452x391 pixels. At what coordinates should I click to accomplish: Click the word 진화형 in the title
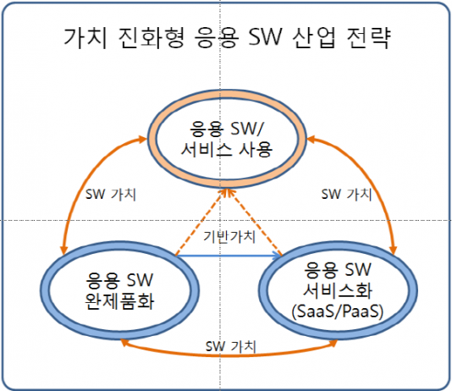pos(152,38)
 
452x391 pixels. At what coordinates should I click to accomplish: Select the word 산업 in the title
pos(314,38)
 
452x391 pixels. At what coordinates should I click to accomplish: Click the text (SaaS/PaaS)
pos(338,311)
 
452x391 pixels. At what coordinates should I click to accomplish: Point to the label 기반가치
pos(229,237)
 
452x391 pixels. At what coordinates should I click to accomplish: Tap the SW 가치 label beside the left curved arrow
pos(110,194)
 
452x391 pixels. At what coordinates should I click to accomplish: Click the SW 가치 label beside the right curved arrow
pos(346,194)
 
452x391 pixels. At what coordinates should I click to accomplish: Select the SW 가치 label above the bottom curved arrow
pos(230,346)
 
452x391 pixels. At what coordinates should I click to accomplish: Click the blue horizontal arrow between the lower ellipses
pos(229,256)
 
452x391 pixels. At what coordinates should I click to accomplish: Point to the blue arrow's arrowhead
pos(278,256)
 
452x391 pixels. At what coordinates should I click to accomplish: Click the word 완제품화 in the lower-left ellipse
pos(119,301)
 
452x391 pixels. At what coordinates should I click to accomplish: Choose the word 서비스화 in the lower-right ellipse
pos(338,290)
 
